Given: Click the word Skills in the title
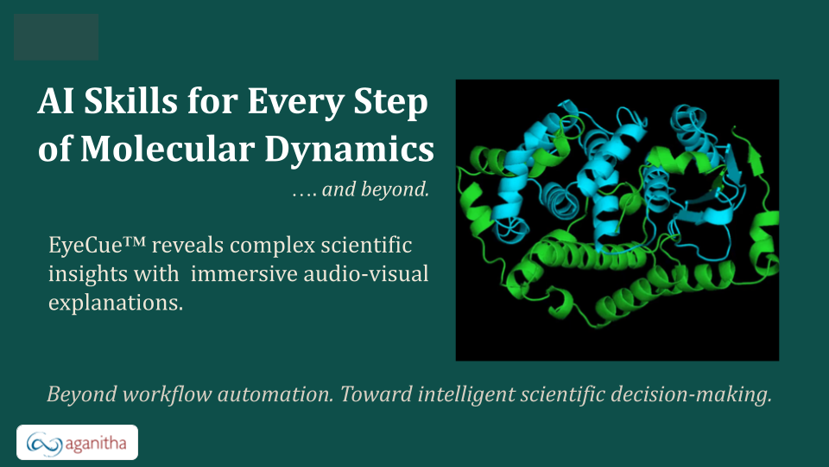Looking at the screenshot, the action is [130, 100].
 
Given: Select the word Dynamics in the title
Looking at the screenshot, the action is [349, 150].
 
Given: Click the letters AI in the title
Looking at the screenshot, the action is [55, 100].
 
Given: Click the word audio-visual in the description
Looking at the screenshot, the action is [366, 274].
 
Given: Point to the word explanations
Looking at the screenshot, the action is [116, 303].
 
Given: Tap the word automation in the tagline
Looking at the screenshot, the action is [275, 394].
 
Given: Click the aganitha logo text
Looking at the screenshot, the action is [96, 443].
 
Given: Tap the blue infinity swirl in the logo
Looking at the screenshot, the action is [44, 443].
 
